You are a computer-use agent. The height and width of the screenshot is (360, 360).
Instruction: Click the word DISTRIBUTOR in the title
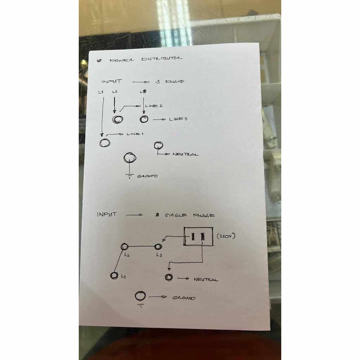[162, 59]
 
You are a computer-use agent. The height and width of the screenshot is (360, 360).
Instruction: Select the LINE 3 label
[178, 119]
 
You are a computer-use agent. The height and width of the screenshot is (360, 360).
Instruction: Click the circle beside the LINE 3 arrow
[144, 119]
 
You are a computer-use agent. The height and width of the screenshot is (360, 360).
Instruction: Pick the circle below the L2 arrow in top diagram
[117, 120]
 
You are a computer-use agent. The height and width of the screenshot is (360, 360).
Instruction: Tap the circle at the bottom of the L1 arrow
[105, 142]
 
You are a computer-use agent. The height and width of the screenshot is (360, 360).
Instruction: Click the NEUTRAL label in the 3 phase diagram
[186, 154]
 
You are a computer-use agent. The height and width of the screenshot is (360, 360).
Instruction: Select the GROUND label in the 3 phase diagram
[147, 176]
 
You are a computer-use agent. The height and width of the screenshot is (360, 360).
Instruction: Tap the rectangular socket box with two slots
[198, 236]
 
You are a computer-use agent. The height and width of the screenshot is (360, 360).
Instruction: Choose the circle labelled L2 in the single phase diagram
[124, 247]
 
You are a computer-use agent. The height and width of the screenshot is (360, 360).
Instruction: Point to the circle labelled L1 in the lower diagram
[114, 276]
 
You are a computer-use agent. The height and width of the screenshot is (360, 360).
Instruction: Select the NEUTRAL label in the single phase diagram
[206, 279]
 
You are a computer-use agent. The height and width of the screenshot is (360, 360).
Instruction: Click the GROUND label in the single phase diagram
[184, 298]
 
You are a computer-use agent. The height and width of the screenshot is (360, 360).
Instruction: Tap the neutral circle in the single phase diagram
[169, 277]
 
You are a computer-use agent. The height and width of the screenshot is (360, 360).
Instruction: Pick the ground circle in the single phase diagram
[140, 296]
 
